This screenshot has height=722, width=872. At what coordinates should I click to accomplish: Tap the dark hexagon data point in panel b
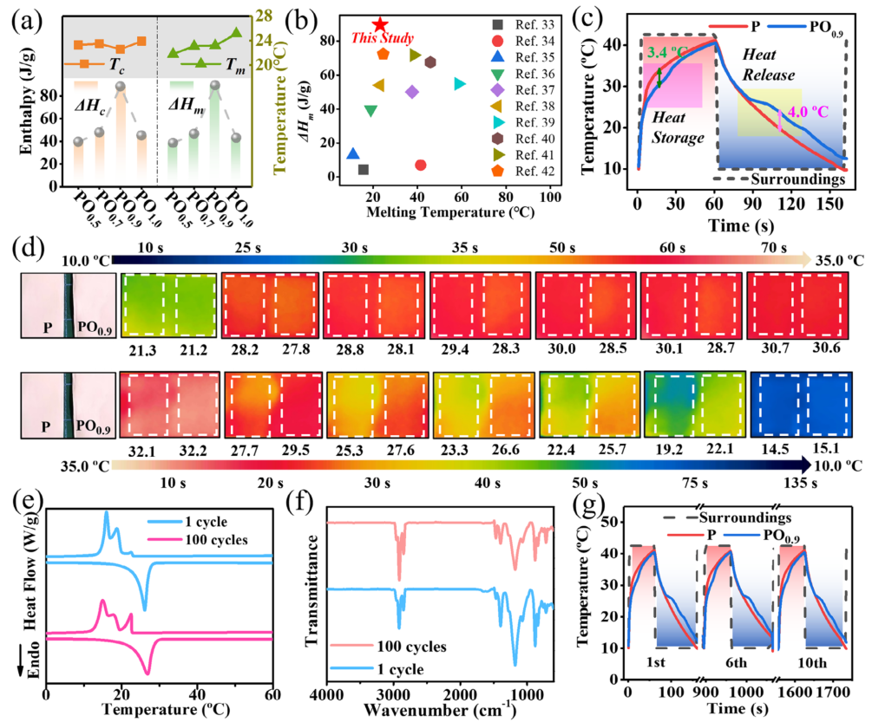(430, 62)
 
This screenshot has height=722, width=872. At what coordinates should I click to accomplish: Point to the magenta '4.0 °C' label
(797, 112)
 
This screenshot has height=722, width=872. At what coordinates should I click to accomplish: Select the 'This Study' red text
(377, 39)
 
